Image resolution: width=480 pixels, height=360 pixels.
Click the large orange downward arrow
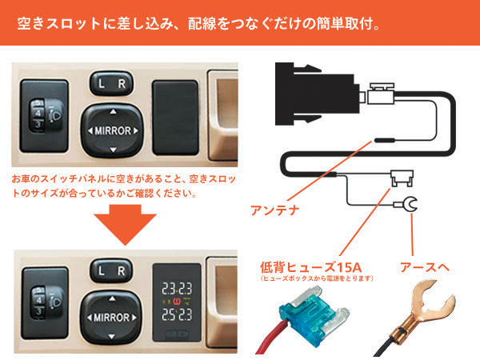click(x=126, y=224)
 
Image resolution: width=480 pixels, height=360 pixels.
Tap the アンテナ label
click(x=274, y=210)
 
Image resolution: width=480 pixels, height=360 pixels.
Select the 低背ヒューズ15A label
click(x=311, y=267)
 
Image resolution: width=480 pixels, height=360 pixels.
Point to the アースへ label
click(x=425, y=267)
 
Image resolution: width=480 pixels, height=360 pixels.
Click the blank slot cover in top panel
click(x=175, y=118)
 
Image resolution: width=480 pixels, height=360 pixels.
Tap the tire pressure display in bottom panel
click(x=177, y=302)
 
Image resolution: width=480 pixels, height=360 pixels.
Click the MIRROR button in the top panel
click(x=112, y=130)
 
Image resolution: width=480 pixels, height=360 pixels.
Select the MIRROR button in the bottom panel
click(x=111, y=317)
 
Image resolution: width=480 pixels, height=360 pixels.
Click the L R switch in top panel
click(x=112, y=83)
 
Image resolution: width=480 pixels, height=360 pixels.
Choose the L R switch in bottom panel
click(x=111, y=270)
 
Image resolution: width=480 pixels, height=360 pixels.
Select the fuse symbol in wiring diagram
click(x=402, y=178)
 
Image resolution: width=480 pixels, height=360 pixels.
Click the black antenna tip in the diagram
click(x=385, y=141)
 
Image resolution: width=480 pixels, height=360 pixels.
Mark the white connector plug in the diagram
click(x=381, y=94)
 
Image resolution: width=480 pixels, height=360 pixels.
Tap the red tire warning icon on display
click(x=177, y=302)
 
